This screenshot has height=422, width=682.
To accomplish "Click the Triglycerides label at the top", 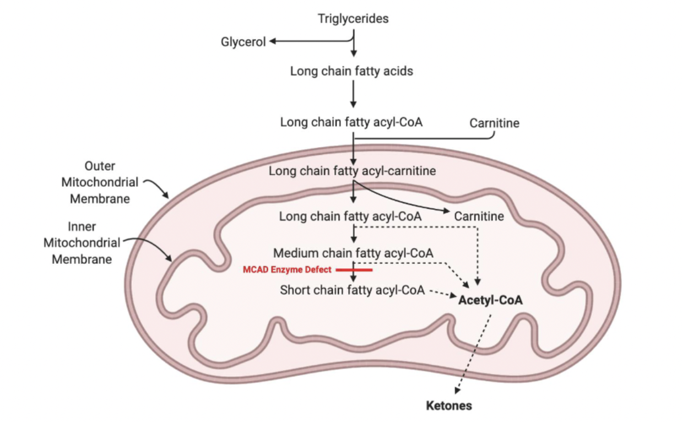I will point(353,19).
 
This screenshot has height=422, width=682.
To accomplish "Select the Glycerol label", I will point(243,42).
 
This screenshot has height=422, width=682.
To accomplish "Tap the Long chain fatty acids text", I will point(351,71).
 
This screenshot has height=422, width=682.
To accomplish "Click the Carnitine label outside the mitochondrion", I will point(494,123).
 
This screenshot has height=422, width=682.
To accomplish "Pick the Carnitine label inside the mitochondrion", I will point(479,216).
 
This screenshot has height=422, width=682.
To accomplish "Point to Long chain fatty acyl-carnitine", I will point(352,171).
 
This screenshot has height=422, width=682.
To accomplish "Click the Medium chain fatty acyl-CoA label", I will point(354,253).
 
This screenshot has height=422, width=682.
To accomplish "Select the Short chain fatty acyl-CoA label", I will point(352,290).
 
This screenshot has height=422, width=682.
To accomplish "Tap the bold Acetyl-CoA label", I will point(490,301).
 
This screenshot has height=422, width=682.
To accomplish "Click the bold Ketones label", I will point(449,406).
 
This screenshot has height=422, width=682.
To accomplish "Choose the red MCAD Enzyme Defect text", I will point(287,270).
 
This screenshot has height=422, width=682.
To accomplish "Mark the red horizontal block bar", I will point(354,270).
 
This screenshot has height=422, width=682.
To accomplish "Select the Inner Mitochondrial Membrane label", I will point(82,242).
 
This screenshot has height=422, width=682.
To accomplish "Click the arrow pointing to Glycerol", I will point(308,42).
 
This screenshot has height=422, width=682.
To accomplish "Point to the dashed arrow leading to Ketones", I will point(472,353).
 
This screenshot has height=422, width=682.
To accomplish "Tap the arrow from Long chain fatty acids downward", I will point(354,96).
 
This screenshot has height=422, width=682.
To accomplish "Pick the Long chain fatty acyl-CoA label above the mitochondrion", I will point(351,122).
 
